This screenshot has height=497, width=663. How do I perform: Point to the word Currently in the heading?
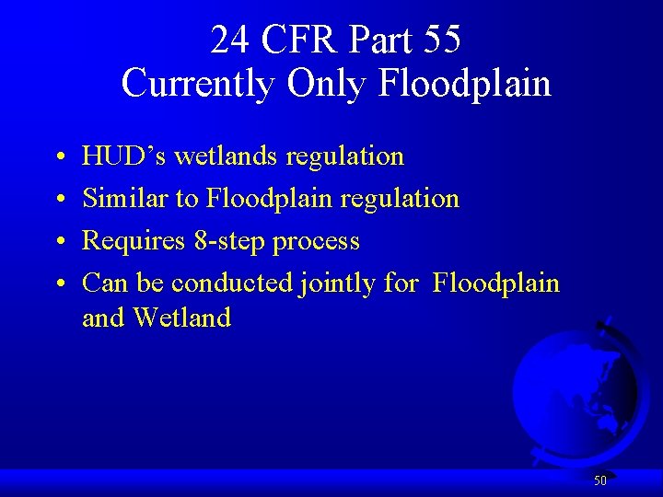coord(198,84)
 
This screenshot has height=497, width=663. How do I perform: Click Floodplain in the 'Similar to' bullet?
coord(265,199)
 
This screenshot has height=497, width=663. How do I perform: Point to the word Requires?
coord(134,241)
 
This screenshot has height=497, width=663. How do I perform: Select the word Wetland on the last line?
coord(181,318)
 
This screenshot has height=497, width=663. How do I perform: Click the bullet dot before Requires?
coord(58,243)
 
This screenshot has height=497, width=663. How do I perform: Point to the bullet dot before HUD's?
coord(58,158)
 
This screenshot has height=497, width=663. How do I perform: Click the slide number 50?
coord(600,480)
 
